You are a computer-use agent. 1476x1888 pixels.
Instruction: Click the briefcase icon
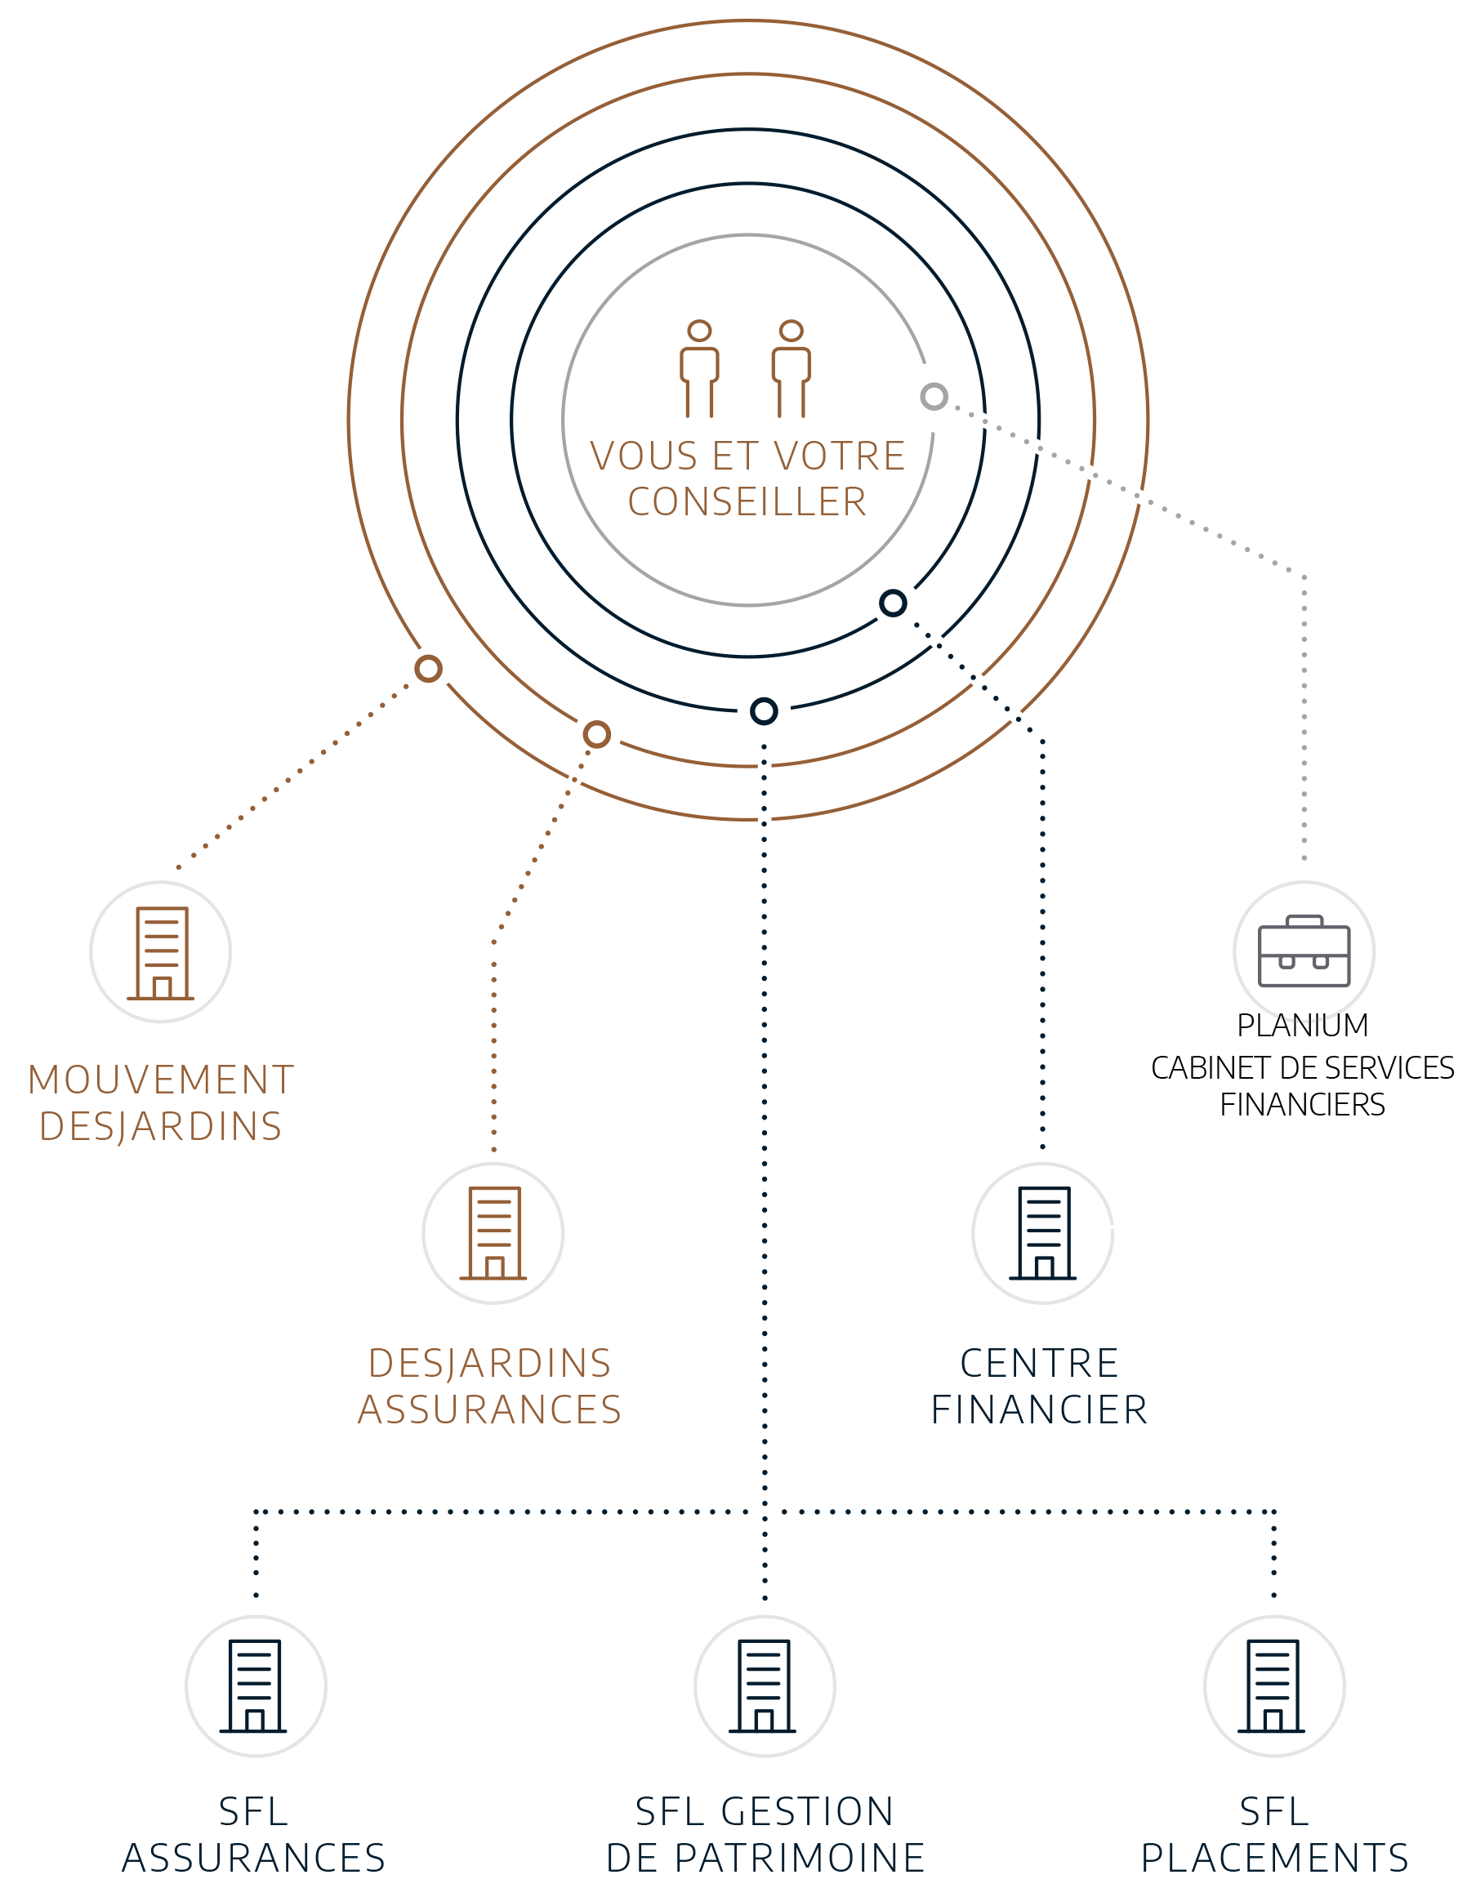(1304, 951)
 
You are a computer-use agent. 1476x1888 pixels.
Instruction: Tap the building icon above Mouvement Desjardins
(161, 952)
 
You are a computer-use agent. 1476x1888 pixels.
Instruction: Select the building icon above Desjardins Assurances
(493, 1233)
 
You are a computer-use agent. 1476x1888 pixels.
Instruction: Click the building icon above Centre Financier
(1043, 1233)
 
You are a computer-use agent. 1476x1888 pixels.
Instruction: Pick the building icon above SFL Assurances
(255, 1685)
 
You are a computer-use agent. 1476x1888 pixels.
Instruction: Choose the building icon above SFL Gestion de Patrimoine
(765, 1685)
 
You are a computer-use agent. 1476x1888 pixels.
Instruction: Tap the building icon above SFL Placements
(1273, 1685)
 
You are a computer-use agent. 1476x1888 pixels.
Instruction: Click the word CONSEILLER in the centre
(747, 502)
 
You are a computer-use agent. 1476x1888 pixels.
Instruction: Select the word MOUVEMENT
(161, 1080)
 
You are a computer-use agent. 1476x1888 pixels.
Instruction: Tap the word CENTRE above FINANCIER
(1039, 1363)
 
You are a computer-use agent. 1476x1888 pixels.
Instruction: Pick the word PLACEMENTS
(1273, 1858)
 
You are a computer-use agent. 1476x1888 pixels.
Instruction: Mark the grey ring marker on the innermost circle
(934, 397)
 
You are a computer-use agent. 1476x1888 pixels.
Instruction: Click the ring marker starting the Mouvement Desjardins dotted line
(428, 668)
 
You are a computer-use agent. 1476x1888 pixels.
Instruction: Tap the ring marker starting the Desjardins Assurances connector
(596, 735)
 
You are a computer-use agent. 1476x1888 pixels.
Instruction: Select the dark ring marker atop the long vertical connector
(764, 711)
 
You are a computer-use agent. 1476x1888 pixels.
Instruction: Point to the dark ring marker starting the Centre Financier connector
(894, 603)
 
